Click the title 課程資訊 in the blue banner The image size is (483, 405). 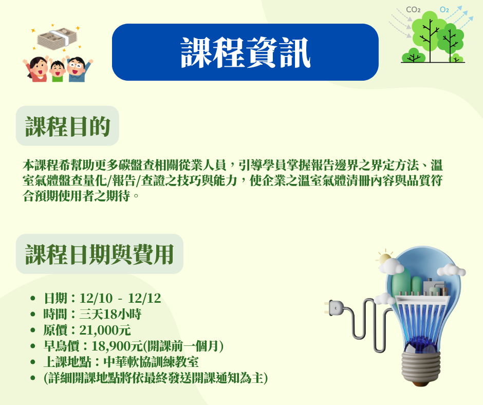245,53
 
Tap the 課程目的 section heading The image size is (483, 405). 67,126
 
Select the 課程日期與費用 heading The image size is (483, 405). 99,254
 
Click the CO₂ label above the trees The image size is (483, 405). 413,10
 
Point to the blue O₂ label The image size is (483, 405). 444,10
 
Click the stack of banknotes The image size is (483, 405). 58,38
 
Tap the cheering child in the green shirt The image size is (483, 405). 58,70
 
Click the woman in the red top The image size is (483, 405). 36,69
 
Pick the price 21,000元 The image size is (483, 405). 105,330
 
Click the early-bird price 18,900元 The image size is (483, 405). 117,346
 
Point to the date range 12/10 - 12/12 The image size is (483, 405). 120,299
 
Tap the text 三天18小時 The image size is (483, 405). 110,315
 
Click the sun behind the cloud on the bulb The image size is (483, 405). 384,259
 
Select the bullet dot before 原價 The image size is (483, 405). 33,330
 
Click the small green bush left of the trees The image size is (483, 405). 414,56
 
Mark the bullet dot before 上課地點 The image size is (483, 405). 33,362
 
